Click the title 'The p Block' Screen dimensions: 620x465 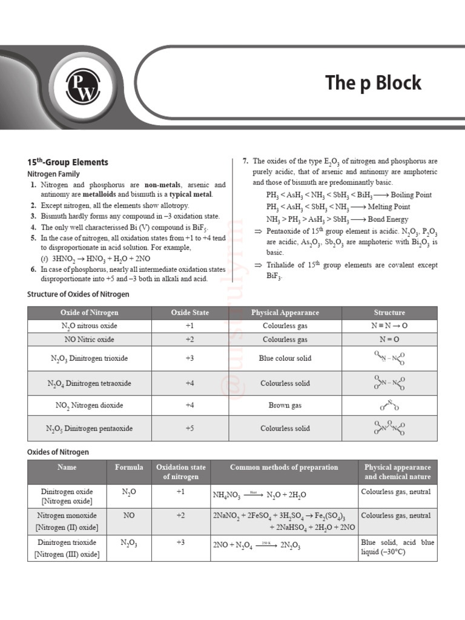tap(373, 83)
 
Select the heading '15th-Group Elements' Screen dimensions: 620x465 tap(68, 162)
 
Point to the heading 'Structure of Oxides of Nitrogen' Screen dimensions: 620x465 tap(78, 294)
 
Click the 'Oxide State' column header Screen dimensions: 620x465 tap(190, 312)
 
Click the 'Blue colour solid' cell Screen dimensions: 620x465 tap(285, 358)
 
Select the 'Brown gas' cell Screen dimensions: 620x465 tap(285, 406)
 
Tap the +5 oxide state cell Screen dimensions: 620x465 tap(190, 429)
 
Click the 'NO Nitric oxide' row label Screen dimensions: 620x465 tap(89, 340)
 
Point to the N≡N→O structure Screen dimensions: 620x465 tap(389, 326)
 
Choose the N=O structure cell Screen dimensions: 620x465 tap(389, 340)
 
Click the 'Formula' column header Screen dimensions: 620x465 tap(129, 467)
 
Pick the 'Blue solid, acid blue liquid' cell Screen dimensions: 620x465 tap(397, 547)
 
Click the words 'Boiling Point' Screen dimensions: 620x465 tap(411, 195)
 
